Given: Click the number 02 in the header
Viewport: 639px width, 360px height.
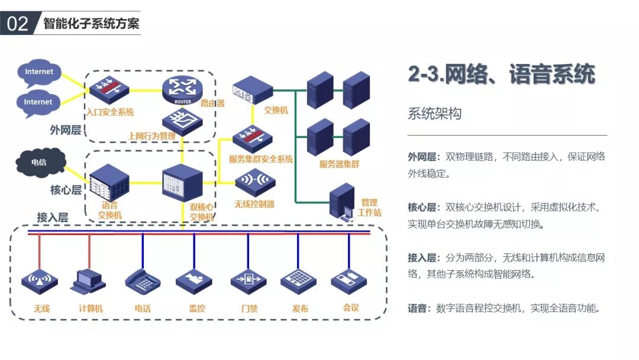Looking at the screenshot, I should [x=18, y=23].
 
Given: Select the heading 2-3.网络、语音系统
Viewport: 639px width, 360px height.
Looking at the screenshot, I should [x=501, y=75].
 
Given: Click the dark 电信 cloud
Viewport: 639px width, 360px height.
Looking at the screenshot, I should [x=39, y=161].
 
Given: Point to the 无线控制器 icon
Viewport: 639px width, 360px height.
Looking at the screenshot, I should [x=254, y=181].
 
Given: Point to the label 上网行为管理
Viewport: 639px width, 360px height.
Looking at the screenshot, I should [x=152, y=136].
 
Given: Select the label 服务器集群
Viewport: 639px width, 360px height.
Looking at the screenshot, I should [x=339, y=164].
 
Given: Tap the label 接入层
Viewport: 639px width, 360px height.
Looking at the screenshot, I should [x=52, y=218].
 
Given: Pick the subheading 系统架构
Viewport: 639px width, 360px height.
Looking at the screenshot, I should [x=434, y=114].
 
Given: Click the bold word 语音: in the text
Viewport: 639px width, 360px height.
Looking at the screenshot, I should [x=421, y=308].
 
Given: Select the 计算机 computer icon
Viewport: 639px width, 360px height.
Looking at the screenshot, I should [x=90, y=281].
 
